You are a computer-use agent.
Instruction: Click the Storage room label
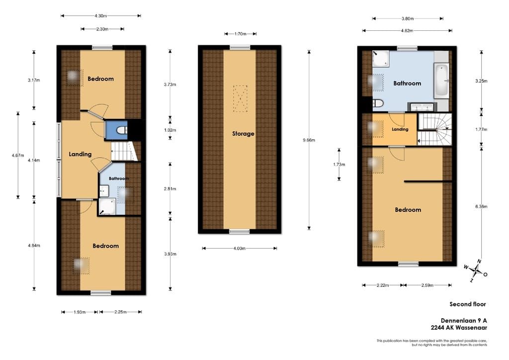coord(243,133)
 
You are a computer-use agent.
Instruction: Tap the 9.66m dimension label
coord(309,140)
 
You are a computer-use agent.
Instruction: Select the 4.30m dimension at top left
coord(100,15)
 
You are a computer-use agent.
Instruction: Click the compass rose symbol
coord(476,270)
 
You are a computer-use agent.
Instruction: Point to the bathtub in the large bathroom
coord(441,81)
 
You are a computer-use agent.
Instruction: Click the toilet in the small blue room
coord(122,130)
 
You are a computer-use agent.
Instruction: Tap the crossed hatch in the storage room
coord(240,98)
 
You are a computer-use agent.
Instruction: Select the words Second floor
coord(468,304)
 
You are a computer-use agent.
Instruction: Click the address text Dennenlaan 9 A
coord(464,320)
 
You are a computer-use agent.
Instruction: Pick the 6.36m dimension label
coord(481,206)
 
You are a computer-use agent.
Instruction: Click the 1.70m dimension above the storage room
coord(240,34)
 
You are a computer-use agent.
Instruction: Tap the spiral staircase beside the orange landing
coord(434,129)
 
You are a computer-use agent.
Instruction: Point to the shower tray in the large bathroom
coord(381,59)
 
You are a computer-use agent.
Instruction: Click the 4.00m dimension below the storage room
coord(239,248)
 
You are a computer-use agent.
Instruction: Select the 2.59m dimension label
coord(427,285)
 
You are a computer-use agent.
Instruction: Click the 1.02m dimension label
coord(170,130)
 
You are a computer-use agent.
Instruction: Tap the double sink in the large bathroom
coord(423,107)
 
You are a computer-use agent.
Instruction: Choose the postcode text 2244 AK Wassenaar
coord(459,328)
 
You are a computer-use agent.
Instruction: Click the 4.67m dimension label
coord(18,156)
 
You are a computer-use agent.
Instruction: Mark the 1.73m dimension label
coord(339,165)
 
